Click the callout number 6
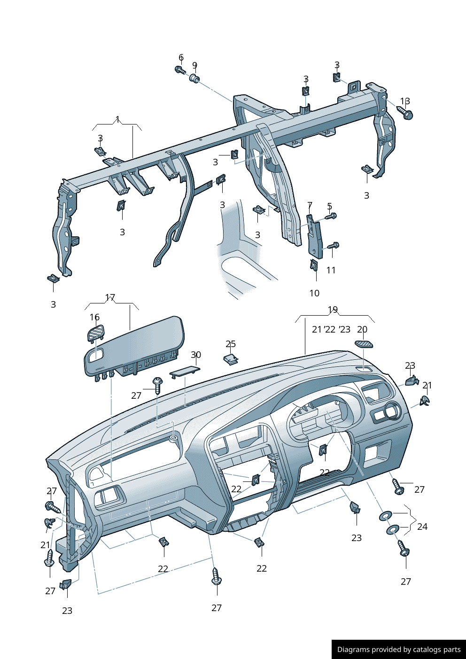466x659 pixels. [181, 58]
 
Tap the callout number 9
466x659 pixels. [194, 65]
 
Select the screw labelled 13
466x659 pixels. [405, 112]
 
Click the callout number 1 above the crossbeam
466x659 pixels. [117, 119]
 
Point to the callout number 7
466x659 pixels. [310, 205]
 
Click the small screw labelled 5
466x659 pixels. [331, 216]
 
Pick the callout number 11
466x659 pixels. [331, 270]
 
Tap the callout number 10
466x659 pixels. [314, 293]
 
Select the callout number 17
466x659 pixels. [110, 297]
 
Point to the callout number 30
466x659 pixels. [195, 355]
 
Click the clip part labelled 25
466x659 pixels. [231, 359]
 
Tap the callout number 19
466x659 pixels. [333, 310]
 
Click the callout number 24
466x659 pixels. [422, 527]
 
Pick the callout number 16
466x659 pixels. [94, 317]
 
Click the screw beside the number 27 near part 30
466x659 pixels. [157, 385]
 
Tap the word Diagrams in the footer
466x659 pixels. [353, 650]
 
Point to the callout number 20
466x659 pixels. [362, 329]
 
